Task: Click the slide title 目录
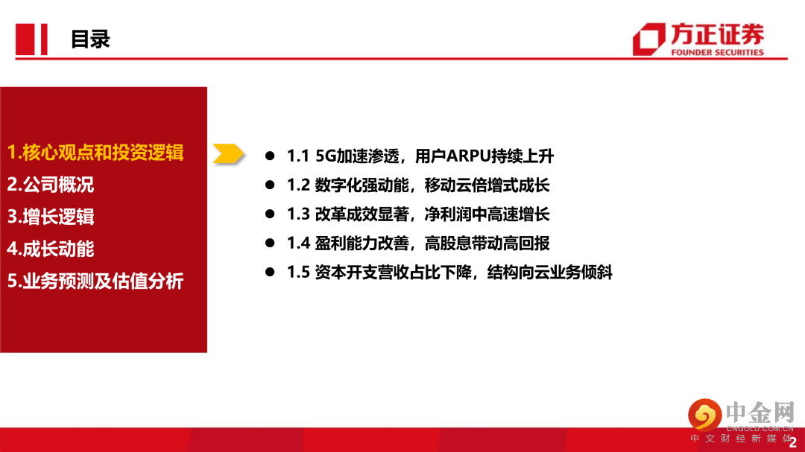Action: tap(90, 39)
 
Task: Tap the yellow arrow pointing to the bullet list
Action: tap(228, 154)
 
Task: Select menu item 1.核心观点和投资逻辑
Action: tap(95, 153)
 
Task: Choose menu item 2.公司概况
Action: tap(51, 185)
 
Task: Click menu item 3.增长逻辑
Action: tap(51, 217)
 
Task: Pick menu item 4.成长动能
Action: tap(51, 249)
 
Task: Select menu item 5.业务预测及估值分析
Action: tap(95, 281)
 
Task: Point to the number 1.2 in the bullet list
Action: tap(298, 185)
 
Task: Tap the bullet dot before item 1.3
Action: tap(270, 214)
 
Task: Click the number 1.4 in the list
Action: tap(298, 243)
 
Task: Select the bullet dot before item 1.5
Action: tap(270, 272)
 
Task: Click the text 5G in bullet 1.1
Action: tap(326, 156)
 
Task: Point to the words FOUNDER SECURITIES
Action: tap(717, 52)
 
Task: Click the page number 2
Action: tap(792, 442)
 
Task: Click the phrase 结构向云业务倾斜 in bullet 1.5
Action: tap(550, 272)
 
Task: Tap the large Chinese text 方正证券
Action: tap(717, 36)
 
